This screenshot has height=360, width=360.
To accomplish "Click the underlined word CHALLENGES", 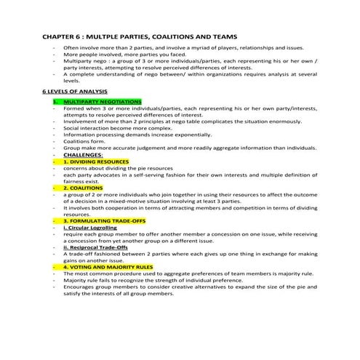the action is click(x=84, y=154).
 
